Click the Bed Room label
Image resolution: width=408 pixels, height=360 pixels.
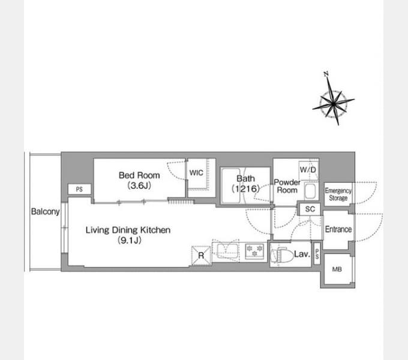139,175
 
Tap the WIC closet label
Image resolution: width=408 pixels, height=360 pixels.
196,173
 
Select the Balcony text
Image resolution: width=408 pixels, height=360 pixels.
45,212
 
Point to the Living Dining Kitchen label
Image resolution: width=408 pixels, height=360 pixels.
128,230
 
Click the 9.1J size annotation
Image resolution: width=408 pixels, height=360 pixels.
130,241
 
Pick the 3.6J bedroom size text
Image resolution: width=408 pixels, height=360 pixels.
139,186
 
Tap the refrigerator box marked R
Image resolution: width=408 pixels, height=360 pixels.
201,256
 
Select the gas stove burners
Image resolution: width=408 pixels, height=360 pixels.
254,251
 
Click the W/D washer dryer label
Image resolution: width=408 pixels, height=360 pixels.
308,170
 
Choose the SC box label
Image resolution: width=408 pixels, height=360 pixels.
310,209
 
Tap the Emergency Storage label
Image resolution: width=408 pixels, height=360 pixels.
338,194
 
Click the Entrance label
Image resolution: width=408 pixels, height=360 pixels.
338,229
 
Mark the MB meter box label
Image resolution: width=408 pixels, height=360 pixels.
337,269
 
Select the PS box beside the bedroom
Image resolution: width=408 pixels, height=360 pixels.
79,189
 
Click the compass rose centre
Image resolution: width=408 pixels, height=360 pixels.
334,104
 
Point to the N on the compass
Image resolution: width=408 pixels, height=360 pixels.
326,74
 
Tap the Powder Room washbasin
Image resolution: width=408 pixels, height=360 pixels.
310,191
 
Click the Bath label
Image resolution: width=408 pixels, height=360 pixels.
245,179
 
